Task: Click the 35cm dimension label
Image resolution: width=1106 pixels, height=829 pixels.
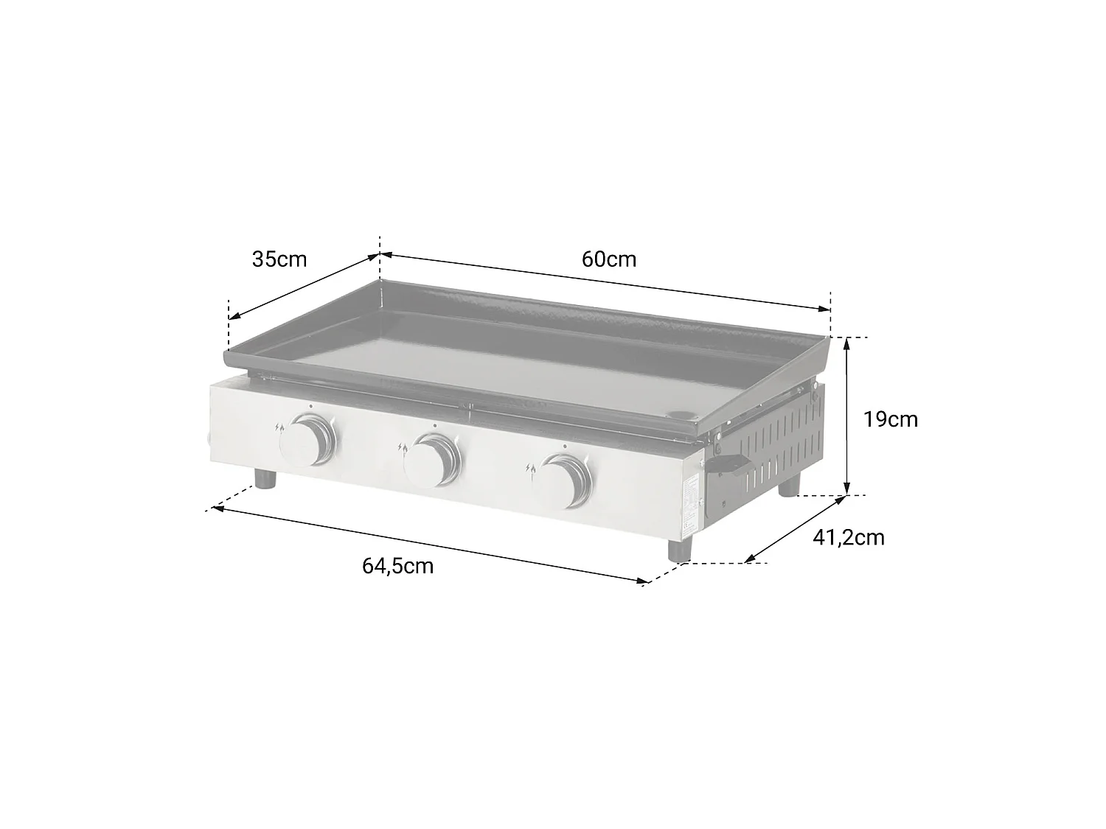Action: point(279,259)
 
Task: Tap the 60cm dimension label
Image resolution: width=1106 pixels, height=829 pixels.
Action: point(608,259)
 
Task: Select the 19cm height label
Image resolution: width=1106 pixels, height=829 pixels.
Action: point(891,419)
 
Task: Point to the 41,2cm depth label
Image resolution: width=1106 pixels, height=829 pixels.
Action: point(848,537)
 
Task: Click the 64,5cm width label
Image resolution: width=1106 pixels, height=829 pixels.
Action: point(397,566)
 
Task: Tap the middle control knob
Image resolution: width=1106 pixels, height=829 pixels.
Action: point(434,460)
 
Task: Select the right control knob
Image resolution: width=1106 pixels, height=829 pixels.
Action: point(563,481)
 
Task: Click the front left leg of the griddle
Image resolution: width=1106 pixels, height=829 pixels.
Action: point(265,478)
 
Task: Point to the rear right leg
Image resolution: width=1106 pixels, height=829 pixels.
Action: point(789,484)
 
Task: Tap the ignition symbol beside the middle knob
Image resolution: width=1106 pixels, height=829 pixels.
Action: point(402,447)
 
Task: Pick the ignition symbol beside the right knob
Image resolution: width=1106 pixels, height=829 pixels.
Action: point(530,468)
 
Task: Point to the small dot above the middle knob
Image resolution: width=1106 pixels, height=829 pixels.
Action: point(435,425)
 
